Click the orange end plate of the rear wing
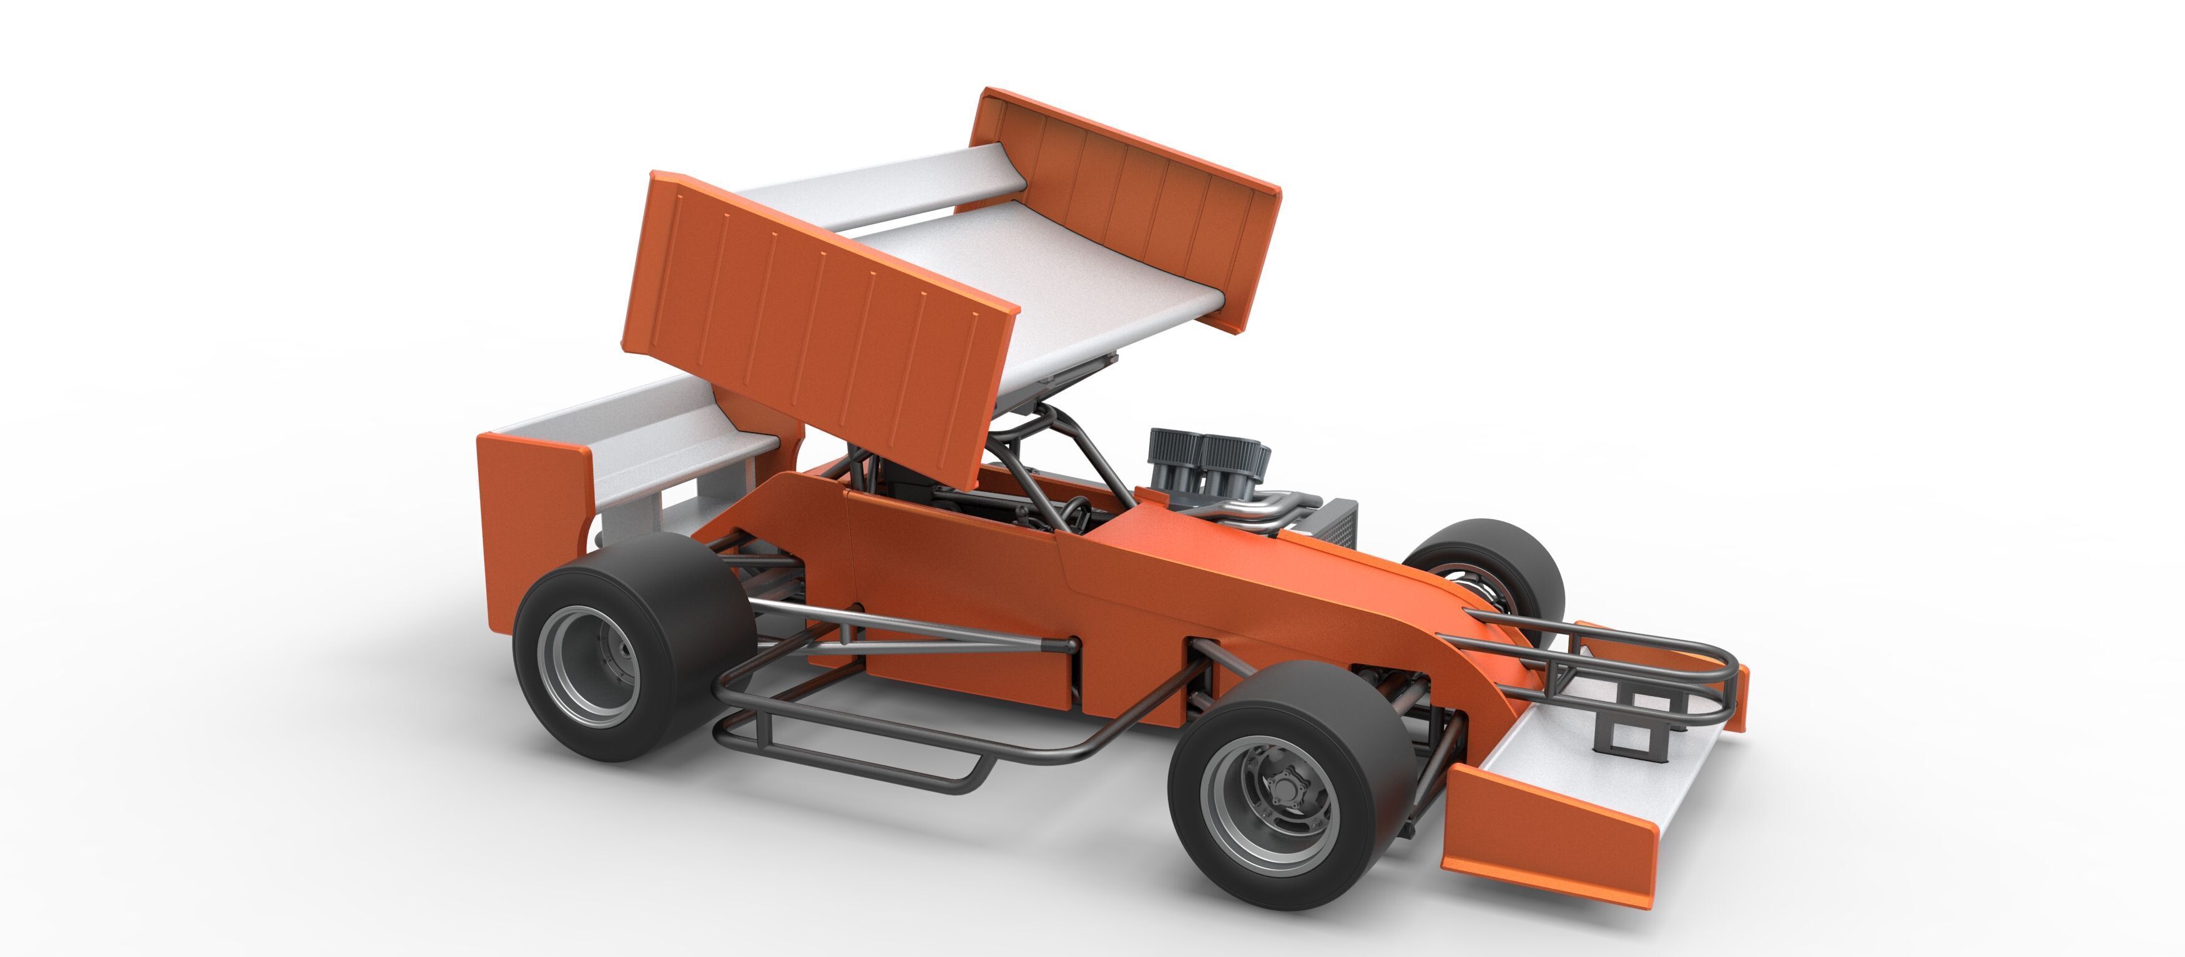(x=526, y=526)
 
